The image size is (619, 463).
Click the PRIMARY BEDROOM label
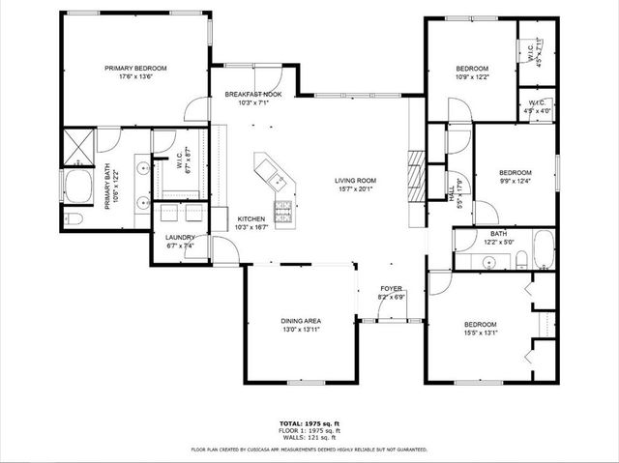coord(135,68)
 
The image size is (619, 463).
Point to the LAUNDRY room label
coord(180,237)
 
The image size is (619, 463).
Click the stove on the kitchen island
coord(284,212)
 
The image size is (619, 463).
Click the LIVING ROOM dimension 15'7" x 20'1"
coord(355,189)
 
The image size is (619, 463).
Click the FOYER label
coord(391,288)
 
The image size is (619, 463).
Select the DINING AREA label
coord(301,321)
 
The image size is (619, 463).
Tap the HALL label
coord(451,194)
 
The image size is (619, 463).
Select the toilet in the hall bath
coord(520,258)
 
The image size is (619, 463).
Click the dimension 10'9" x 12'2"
coord(473,76)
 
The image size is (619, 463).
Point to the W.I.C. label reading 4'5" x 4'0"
coord(537,110)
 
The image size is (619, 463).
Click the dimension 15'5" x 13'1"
coord(480,333)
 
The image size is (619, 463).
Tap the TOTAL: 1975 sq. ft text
coord(309,423)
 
